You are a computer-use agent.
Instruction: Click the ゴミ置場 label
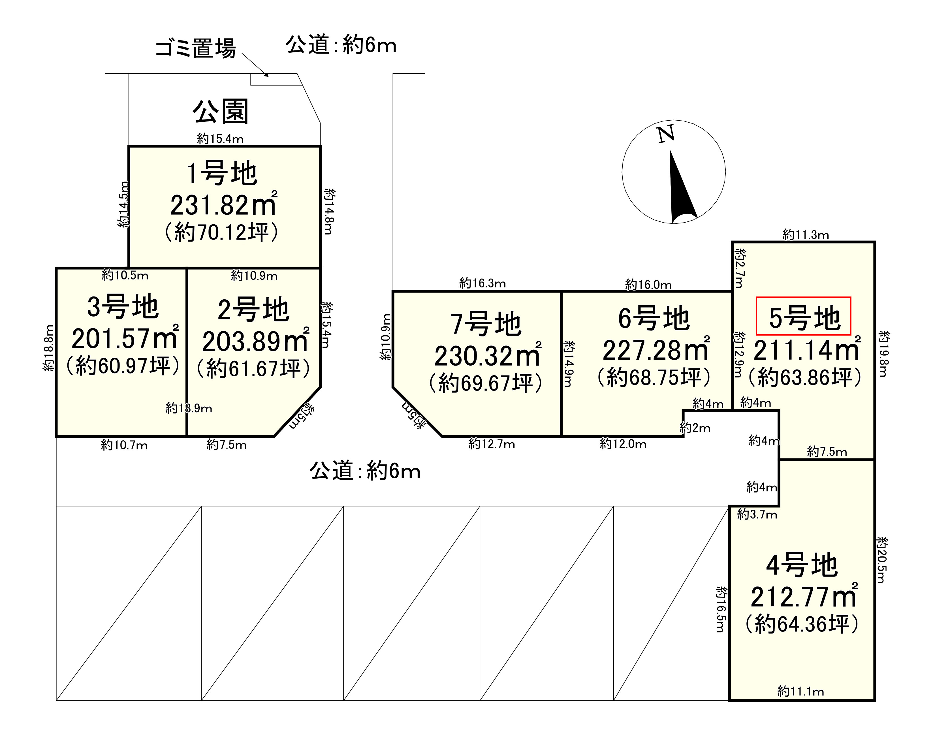[196, 48]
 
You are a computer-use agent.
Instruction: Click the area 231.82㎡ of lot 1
[223, 205]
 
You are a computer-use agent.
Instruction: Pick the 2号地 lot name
[253, 310]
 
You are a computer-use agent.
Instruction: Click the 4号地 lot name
[802, 565]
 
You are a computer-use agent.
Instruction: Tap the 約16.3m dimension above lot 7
[482, 283]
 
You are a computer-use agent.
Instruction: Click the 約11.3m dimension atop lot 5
[805, 235]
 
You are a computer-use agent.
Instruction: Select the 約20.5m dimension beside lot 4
[882, 560]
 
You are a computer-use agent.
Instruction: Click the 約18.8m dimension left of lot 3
[49, 348]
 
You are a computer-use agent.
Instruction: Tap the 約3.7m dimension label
[757, 515]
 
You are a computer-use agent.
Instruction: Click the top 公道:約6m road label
[341, 45]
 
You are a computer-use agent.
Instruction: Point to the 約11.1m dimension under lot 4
[800, 692]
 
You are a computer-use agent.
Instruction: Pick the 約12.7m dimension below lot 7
[491, 444]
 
